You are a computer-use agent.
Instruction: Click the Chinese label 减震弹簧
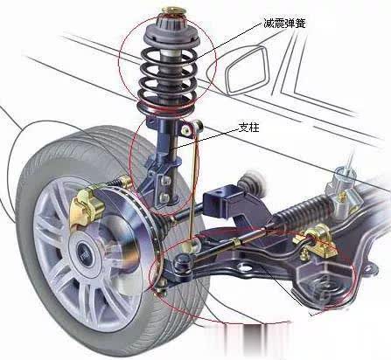[284, 23]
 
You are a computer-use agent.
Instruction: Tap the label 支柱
[248, 128]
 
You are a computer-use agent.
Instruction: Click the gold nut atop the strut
[173, 10]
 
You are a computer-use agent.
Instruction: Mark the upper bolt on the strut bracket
[165, 182]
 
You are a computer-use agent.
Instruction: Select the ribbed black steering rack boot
[304, 211]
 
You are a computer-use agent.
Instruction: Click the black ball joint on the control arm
[182, 265]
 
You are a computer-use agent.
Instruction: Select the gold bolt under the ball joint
[162, 287]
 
